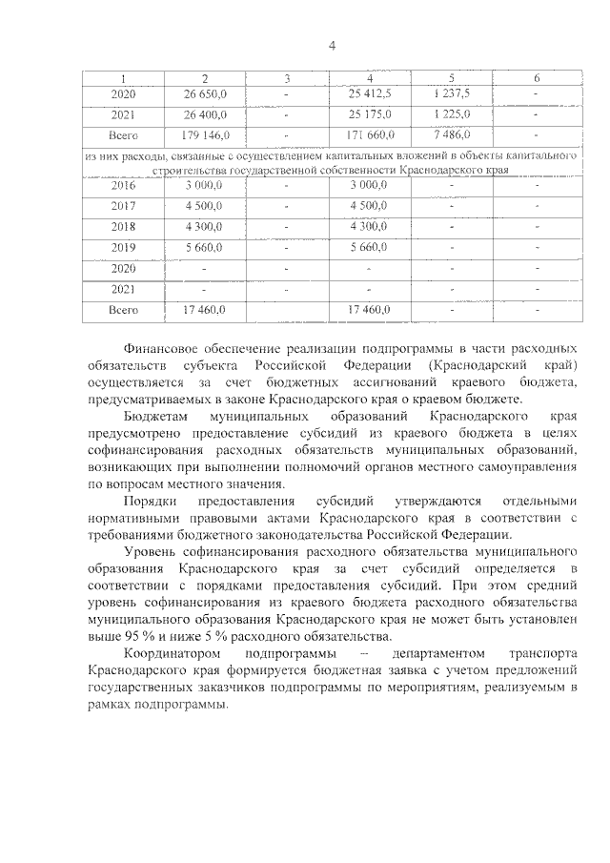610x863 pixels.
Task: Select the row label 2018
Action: (123, 227)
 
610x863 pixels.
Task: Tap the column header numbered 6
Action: (537, 77)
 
